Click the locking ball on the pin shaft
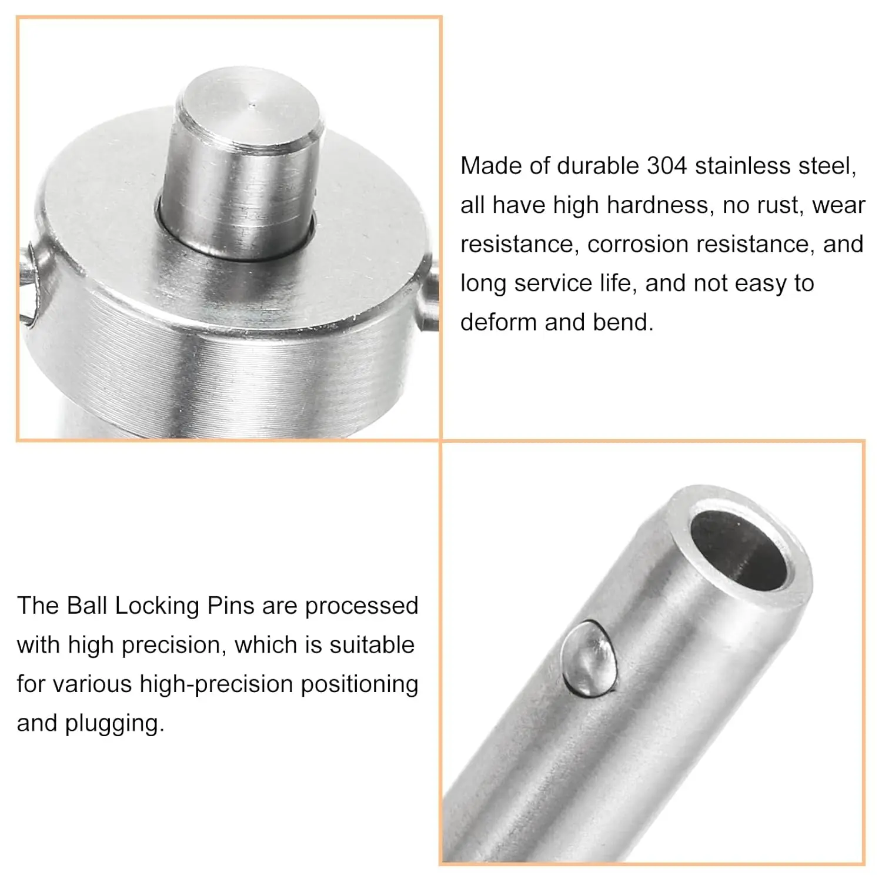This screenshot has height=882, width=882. click(589, 658)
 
